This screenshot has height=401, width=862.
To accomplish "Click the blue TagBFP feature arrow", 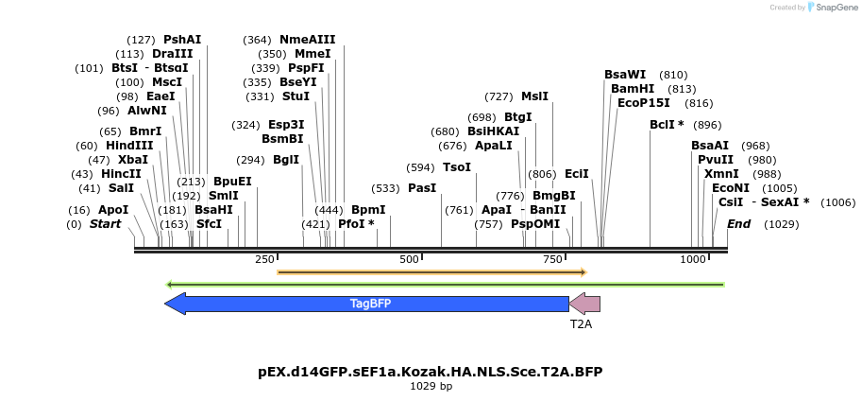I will point(368,304).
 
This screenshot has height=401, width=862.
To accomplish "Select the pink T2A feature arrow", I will point(585,304).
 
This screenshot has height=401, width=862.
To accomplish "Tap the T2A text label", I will point(581,323).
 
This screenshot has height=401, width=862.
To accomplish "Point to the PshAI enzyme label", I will point(182,40).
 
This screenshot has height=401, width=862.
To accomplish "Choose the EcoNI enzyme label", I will point(731,188).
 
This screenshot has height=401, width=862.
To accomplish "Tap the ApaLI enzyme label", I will point(494,146).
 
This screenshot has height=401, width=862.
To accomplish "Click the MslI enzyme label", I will point(535,96).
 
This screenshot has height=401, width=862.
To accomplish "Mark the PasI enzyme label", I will point(422,188).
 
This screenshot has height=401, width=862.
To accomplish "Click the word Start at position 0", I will point(106,224).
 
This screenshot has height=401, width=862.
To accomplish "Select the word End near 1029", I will point(738,224).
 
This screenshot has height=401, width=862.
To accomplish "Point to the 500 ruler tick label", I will point(409,259).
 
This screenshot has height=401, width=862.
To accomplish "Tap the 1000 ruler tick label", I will point(693,259).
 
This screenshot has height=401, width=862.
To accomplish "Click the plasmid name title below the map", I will point(430,371).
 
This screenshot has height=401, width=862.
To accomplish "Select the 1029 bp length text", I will point(431,386).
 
